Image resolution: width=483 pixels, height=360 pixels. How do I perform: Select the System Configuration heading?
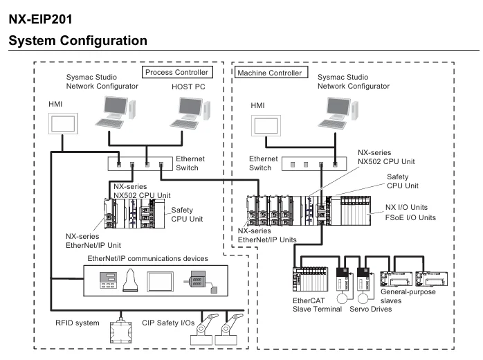tap(78, 41)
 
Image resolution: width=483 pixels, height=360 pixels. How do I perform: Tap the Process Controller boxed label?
tap(176, 72)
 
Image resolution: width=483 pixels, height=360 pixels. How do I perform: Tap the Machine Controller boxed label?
tap(269, 73)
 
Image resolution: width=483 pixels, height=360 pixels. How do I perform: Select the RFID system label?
tap(78, 323)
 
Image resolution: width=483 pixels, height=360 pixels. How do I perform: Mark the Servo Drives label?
tap(371, 309)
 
